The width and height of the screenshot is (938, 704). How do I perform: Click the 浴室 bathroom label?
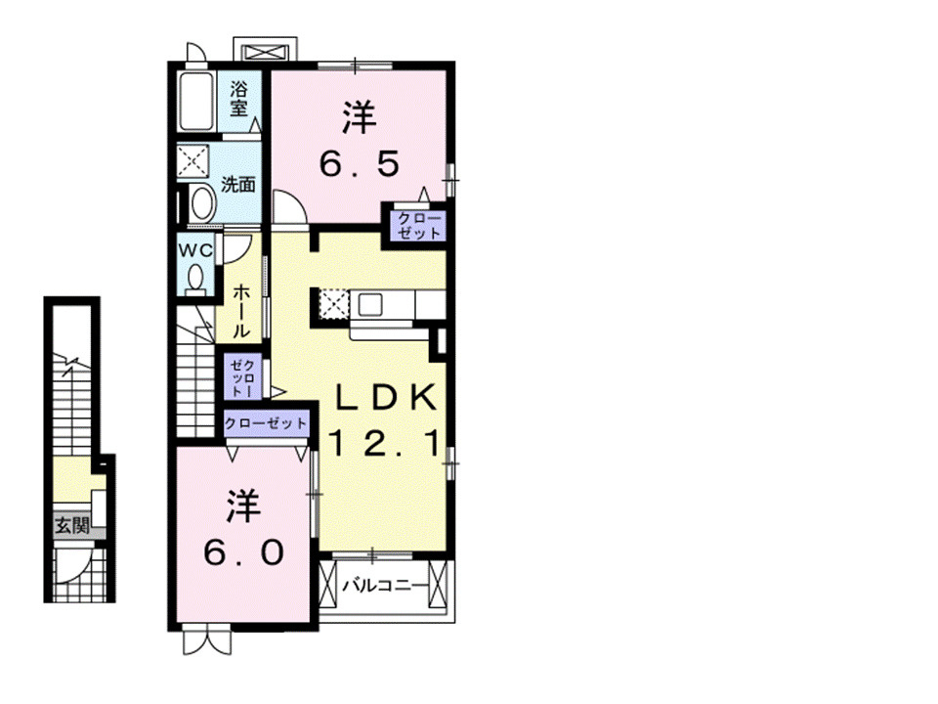(238, 99)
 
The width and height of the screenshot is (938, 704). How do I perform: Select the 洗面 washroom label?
(238, 185)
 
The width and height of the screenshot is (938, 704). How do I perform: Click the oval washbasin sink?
(202, 203)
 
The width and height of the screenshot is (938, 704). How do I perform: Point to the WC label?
(195, 250)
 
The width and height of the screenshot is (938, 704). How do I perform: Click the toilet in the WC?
(195, 281)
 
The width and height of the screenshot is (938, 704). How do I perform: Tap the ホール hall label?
(240, 311)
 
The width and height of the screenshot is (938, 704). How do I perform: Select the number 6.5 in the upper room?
(359, 163)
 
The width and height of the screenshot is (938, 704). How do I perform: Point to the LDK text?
(386, 397)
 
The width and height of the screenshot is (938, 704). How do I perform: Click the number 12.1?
(386, 444)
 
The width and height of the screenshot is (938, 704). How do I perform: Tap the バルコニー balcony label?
(386, 586)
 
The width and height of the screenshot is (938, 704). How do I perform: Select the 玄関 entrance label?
(72, 526)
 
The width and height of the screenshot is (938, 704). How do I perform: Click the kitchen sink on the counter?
(370, 305)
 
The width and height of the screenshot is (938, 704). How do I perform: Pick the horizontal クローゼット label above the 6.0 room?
(266, 423)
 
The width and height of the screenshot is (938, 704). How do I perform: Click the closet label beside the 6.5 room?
(419, 226)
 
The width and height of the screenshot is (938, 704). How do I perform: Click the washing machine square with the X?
(193, 160)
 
